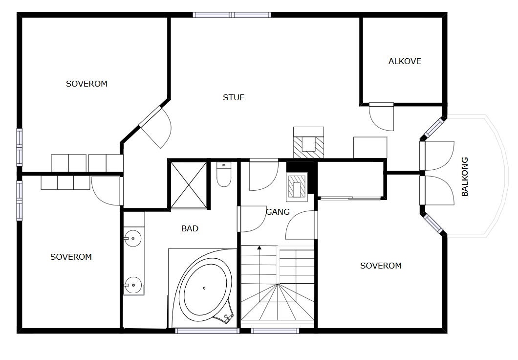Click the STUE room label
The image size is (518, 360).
pyautogui.click(x=234, y=97)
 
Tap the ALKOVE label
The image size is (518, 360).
pyautogui.click(x=405, y=62)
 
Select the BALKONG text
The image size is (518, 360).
pyautogui.click(x=465, y=177)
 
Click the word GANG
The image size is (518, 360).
pyautogui.click(x=278, y=212)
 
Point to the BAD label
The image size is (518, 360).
pyautogui.click(x=190, y=228)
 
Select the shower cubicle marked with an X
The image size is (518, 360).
pyautogui.click(x=189, y=185)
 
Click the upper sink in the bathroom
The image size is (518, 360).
pyautogui.click(x=133, y=238)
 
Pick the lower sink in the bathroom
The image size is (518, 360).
pyautogui.click(x=133, y=285)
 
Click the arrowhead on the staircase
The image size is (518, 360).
pyautogui.click(x=259, y=247)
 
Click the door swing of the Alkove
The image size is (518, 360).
pyautogui.click(x=382, y=117)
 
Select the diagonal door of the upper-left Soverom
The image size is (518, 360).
pyautogui.click(x=155, y=127)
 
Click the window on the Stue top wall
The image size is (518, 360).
pyautogui.click(x=232, y=15)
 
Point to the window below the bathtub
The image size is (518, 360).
pyautogui.click(x=207, y=331)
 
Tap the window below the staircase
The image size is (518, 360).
pyautogui.click(x=275, y=331)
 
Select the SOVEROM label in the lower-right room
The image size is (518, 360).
pyautogui.click(x=381, y=266)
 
